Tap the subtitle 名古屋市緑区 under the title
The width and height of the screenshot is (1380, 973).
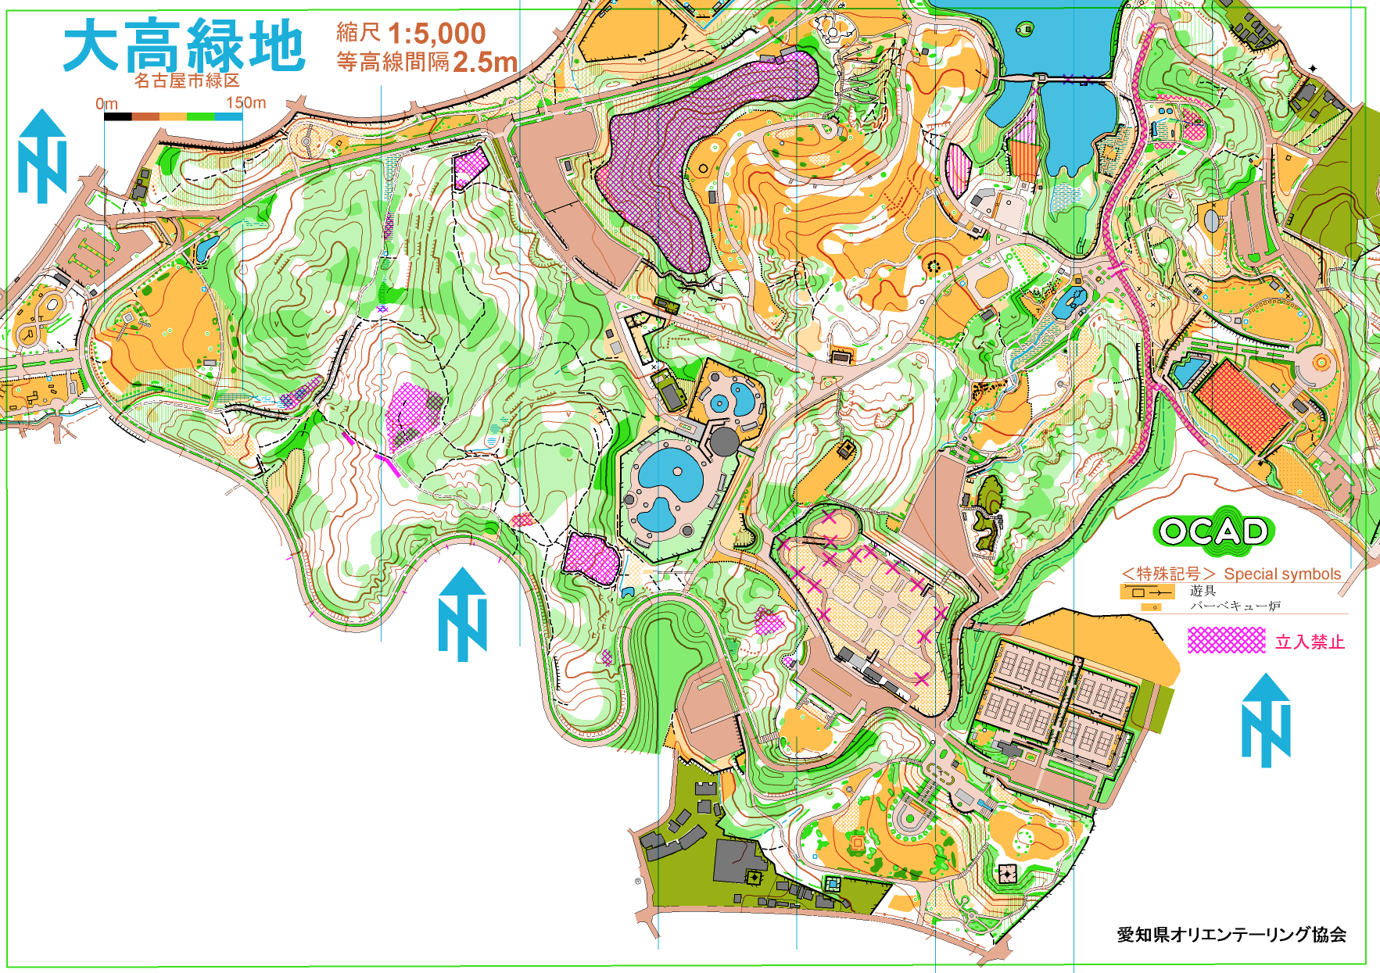(x=187, y=80)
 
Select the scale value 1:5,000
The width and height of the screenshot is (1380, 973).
(x=436, y=34)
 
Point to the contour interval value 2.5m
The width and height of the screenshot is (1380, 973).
(x=485, y=62)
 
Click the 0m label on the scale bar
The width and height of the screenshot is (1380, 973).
(x=107, y=104)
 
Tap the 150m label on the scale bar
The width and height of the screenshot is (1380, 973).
(x=246, y=103)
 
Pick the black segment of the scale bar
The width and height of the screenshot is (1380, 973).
(x=118, y=117)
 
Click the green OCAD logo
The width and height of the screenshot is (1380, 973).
(x=1213, y=532)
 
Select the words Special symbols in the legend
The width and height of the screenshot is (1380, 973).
(x=1282, y=574)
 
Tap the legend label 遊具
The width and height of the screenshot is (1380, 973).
(x=1203, y=591)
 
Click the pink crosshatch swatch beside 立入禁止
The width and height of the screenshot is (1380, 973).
(x=1226, y=641)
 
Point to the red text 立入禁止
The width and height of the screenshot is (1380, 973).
(x=1310, y=642)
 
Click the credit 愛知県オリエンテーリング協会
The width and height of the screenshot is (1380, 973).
(x=1231, y=934)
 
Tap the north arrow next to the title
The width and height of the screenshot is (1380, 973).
(x=42, y=156)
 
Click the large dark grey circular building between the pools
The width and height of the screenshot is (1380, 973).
(x=724, y=442)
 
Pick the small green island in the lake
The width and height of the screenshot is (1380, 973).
(x=1024, y=30)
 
